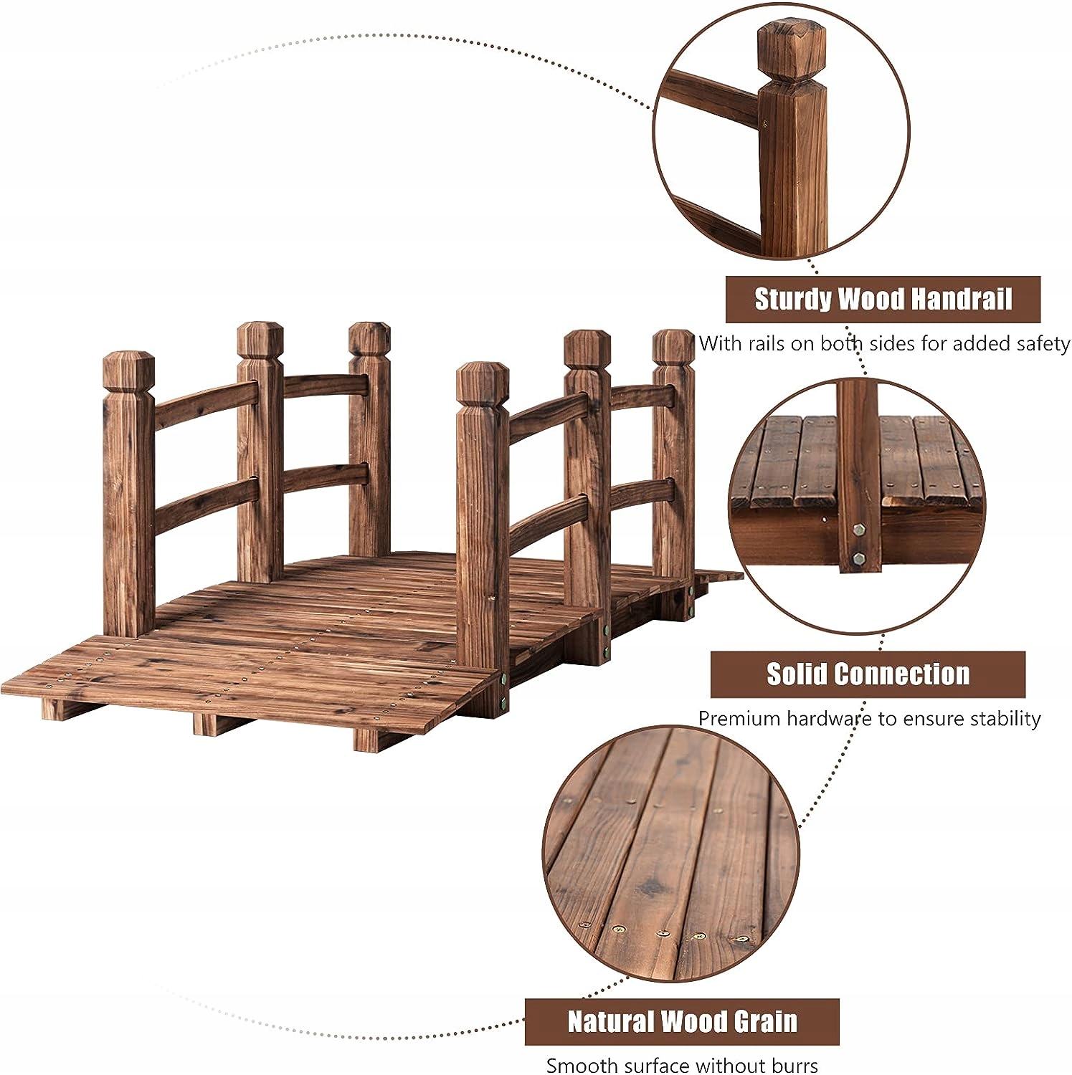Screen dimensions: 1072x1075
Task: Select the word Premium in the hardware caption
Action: point(739,719)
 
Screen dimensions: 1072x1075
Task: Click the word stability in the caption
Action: point(1005,719)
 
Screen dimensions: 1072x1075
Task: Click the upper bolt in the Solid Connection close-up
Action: point(859,531)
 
